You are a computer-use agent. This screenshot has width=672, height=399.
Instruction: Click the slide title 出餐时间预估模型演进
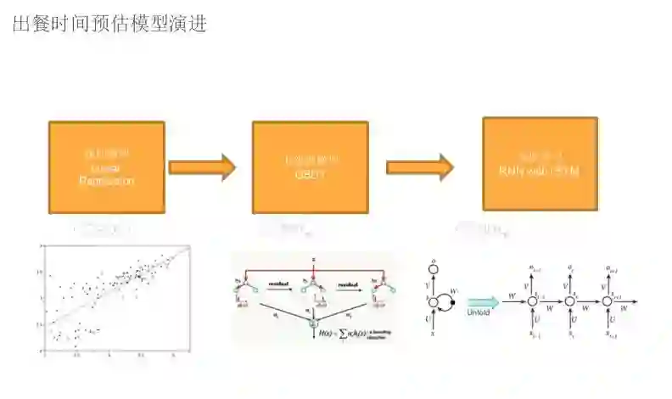(x=110, y=23)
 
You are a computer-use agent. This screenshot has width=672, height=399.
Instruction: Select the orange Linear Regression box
(x=107, y=167)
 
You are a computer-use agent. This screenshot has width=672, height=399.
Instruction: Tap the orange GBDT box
(x=310, y=167)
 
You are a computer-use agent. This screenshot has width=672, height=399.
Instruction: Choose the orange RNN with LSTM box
(x=540, y=164)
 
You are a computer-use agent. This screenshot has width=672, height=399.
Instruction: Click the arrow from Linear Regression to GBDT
(x=201, y=167)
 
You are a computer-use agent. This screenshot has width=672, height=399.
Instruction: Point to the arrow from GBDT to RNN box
(x=419, y=167)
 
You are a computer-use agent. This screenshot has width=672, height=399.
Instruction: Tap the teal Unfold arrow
(x=481, y=301)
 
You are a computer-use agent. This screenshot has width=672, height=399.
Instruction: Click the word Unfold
(x=479, y=312)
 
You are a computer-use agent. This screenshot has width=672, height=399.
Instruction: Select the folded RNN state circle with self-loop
(x=435, y=301)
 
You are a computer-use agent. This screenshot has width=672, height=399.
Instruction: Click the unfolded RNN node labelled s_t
(x=570, y=301)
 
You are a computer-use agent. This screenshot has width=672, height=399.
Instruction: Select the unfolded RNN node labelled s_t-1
(x=534, y=301)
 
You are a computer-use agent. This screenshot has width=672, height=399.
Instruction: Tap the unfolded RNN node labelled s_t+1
(x=608, y=301)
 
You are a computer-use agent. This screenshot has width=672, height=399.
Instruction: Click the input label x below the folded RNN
(x=434, y=336)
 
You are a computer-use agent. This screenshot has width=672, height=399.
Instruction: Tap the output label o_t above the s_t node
(x=571, y=269)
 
